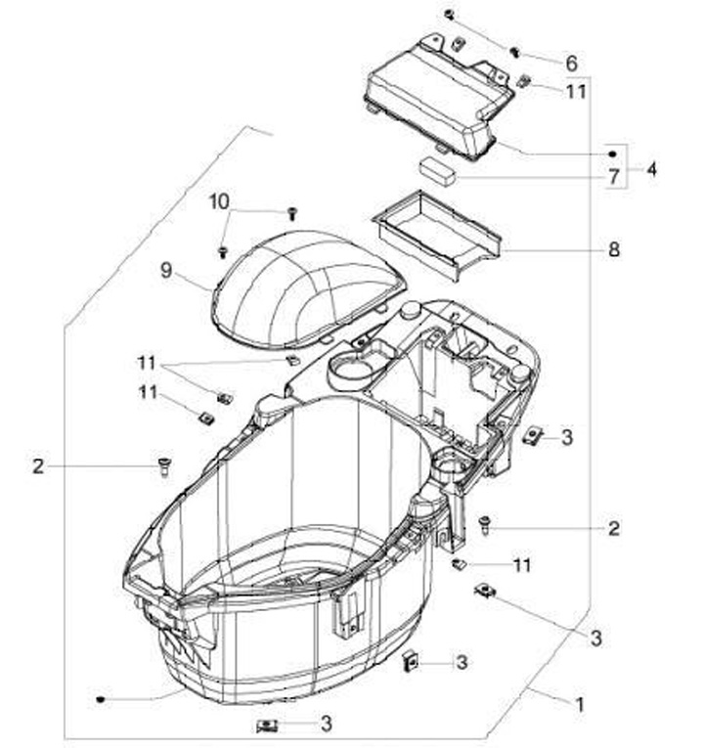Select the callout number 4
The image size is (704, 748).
651,169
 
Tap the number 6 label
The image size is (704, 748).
571,62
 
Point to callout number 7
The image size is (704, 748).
613,178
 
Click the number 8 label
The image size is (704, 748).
614,249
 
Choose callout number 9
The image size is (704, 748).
167,269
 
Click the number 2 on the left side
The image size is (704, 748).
38,466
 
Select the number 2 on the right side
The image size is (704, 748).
614,529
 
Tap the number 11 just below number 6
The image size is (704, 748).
577,91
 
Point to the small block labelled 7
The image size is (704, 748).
439,168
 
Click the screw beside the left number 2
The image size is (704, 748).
163,466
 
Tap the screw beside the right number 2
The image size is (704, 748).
485,525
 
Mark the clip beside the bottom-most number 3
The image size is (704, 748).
269,726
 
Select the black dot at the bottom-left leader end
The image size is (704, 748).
102,699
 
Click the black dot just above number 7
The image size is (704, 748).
612,154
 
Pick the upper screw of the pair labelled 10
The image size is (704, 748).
291,212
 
